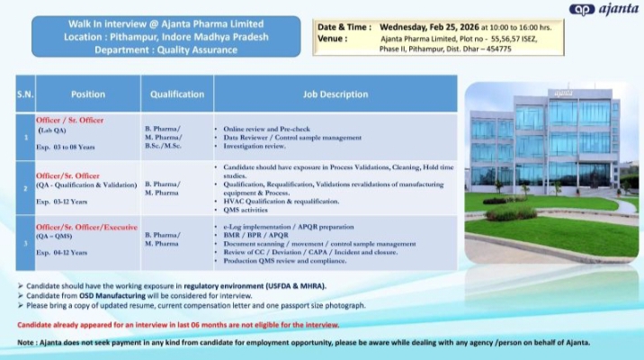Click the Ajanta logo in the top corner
(x=604, y=11)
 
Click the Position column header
(x=88, y=94)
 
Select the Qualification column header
(x=176, y=94)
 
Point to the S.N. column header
(x=24, y=94)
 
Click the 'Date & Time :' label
(x=343, y=27)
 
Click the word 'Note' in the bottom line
(x=27, y=344)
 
